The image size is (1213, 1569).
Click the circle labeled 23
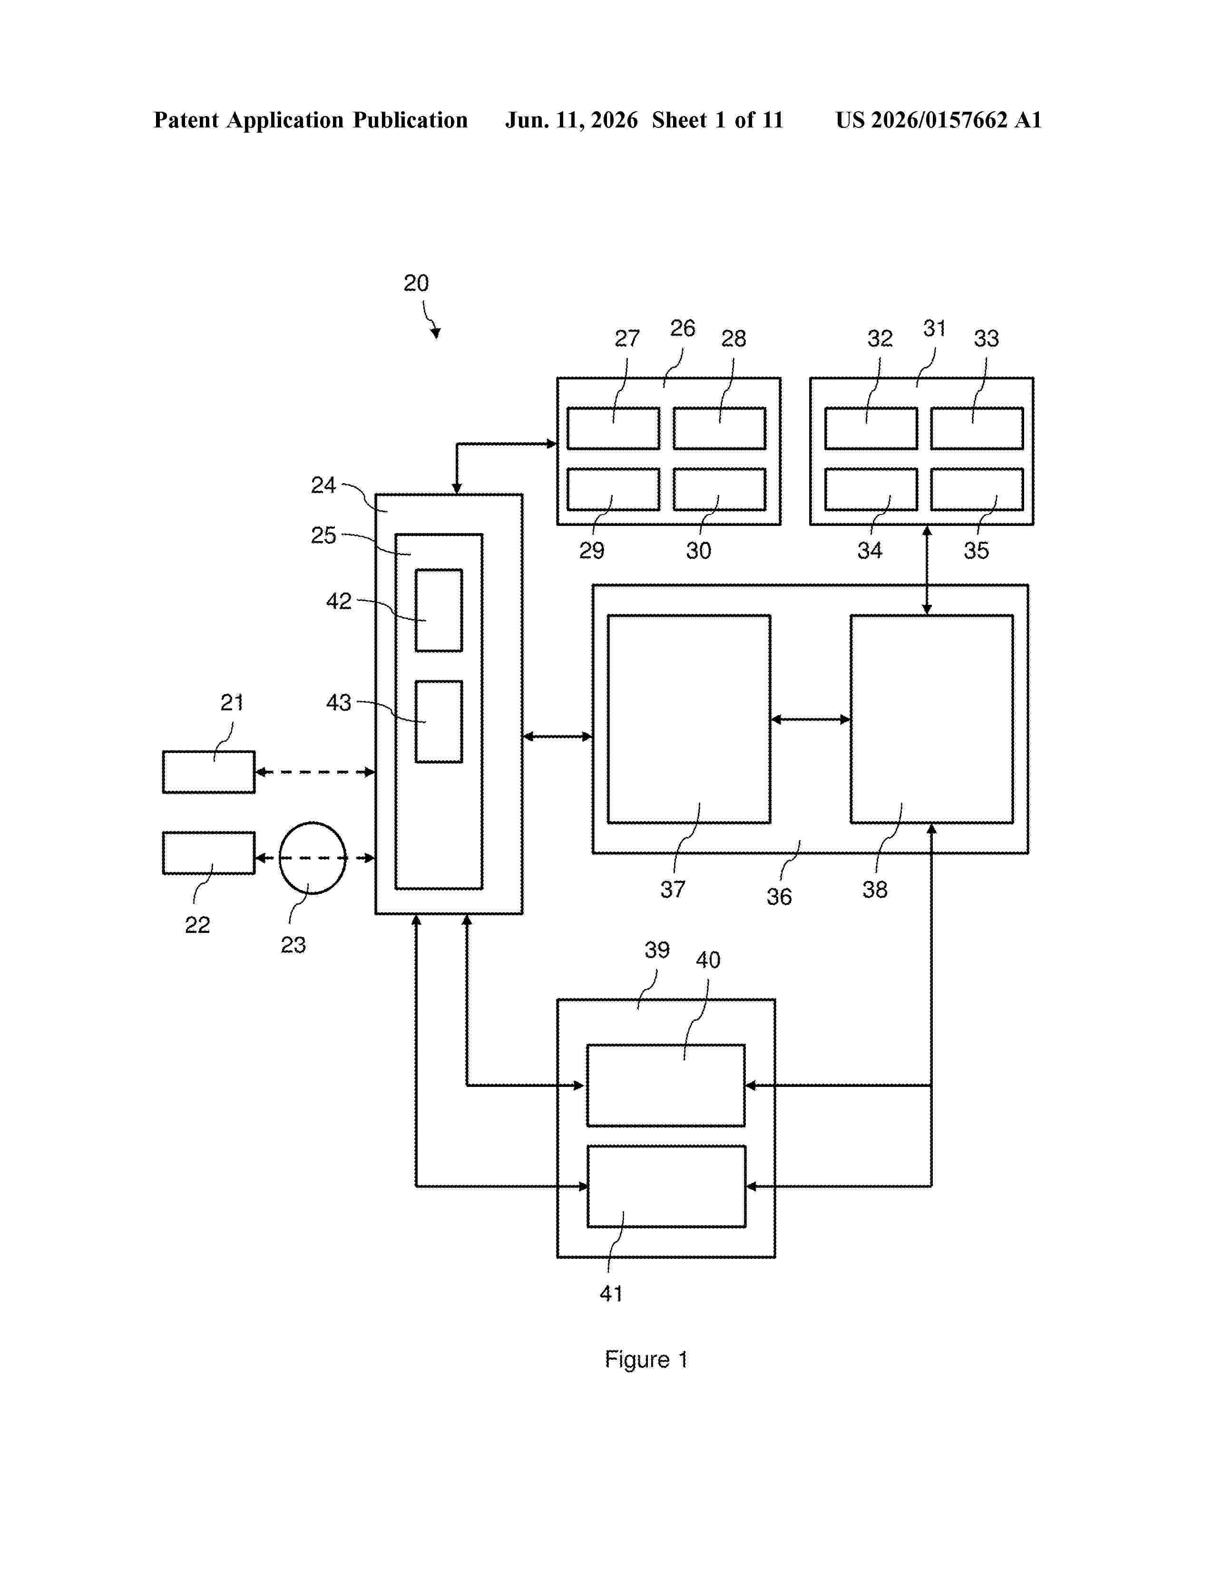pyautogui.click(x=280, y=858)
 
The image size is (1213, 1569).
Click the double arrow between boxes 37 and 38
pyautogui.click(x=811, y=719)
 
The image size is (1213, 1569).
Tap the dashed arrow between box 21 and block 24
pyautogui.click(x=315, y=772)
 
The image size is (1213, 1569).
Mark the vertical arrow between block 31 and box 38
pyautogui.click(x=927, y=570)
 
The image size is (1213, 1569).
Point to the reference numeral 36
pyautogui.click(x=779, y=897)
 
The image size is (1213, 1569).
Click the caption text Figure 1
pyautogui.click(x=646, y=1360)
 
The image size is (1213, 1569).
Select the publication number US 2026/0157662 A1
pyautogui.click(x=939, y=120)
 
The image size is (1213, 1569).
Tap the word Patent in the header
pyautogui.click(x=186, y=120)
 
